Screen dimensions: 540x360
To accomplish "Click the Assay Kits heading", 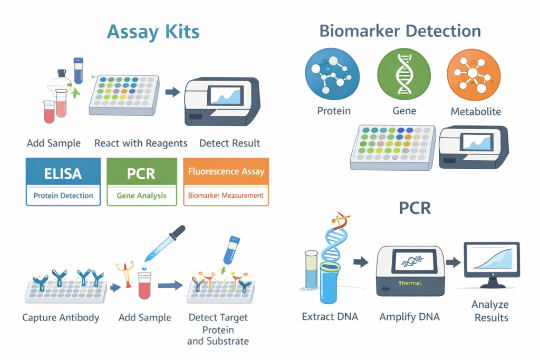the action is pyautogui.click(x=153, y=32).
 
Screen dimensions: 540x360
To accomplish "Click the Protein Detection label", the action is pyautogui.click(x=63, y=196).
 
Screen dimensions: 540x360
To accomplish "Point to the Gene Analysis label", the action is pyautogui.click(x=141, y=196).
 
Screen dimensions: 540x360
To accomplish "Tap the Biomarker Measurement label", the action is pyautogui.click(x=226, y=196).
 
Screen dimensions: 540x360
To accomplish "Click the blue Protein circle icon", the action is pyautogui.click(x=332, y=74).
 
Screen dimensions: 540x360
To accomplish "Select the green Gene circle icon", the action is pyautogui.click(x=404, y=74).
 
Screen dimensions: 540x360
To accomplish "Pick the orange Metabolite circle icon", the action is pyautogui.click(x=474, y=75).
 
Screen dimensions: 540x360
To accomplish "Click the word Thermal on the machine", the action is pyautogui.click(x=410, y=283).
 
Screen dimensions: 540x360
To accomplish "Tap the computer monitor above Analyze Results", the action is pyautogui.click(x=492, y=264).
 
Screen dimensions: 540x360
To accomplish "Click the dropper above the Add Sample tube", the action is pyautogui.click(x=165, y=244).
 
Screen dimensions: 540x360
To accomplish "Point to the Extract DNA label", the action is pyautogui.click(x=330, y=317).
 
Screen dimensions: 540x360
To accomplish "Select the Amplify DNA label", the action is pyautogui.click(x=409, y=317).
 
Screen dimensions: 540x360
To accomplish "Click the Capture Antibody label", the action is pyautogui.click(x=61, y=317).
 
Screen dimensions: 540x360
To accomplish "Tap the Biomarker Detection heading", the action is pyautogui.click(x=400, y=31).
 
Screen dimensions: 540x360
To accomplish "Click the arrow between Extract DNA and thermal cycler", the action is pyautogui.click(x=361, y=262).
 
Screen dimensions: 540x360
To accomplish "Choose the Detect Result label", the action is pyautogui.click(x=229, y=143).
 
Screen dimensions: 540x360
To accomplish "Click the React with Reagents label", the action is pyautogui.click(x=141, y=143).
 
